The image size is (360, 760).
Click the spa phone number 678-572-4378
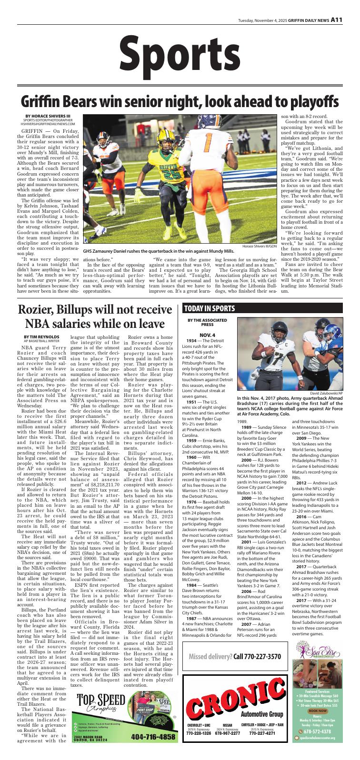(x=320, y=742)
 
